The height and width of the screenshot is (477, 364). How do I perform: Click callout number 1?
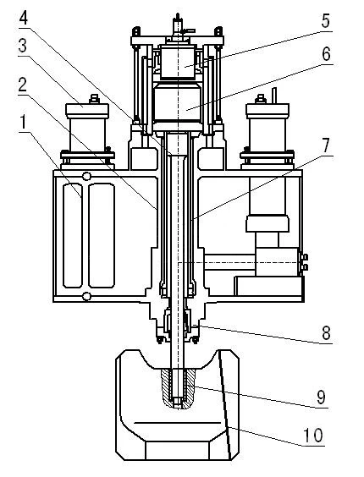[23, 123]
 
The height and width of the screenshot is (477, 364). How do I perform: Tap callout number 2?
[23, 85]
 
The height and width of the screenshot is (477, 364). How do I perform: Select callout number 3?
[23, 47]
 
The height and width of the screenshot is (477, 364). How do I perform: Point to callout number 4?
[24, 18]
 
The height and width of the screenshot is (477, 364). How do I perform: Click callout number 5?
[326, 21]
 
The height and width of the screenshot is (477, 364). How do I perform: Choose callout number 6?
[326, 54]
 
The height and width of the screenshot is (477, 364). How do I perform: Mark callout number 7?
[326, 145]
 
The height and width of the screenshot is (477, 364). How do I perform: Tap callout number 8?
[326, 333]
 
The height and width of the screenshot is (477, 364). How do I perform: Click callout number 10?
[313, 435]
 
